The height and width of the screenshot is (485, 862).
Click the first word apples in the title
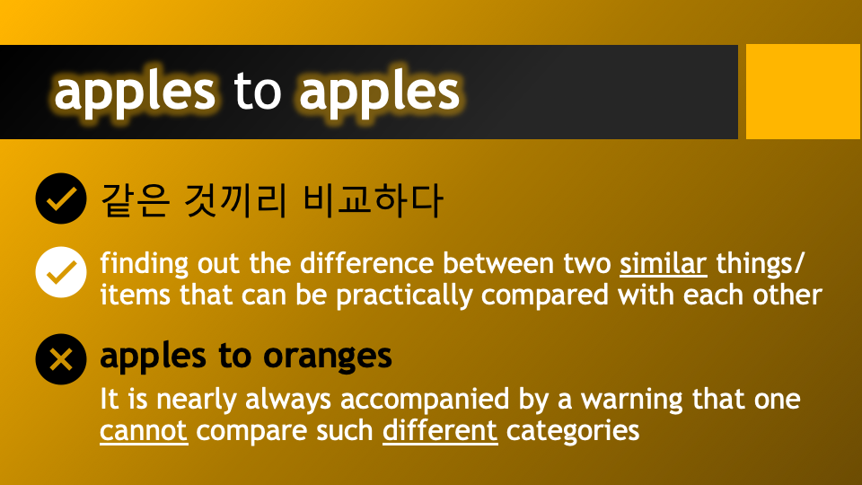tap(135, 92)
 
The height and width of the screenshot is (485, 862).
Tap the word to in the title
tap(257, 92)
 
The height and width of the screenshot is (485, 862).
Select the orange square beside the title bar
tap(803, 92)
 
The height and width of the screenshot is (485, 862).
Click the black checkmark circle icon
tap(60, 199)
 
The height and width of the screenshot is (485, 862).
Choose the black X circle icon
tap(60, 360)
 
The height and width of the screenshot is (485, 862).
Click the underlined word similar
tap(664, 265)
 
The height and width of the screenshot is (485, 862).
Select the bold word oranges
tap(328, 357)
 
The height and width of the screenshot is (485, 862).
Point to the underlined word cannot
tap(144, 430)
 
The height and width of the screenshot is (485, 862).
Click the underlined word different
tap(440, 430)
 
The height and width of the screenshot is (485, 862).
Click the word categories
tap(573, 430)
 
